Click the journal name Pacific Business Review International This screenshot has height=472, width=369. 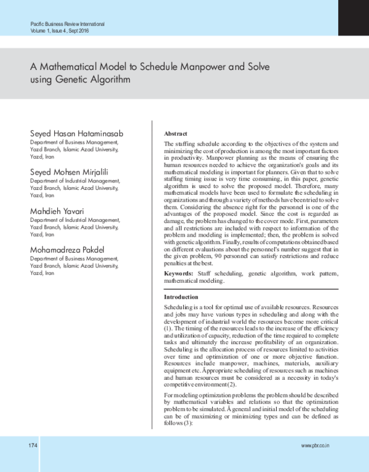(x=67, y=23)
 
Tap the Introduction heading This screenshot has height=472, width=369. (x=181, y=297)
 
